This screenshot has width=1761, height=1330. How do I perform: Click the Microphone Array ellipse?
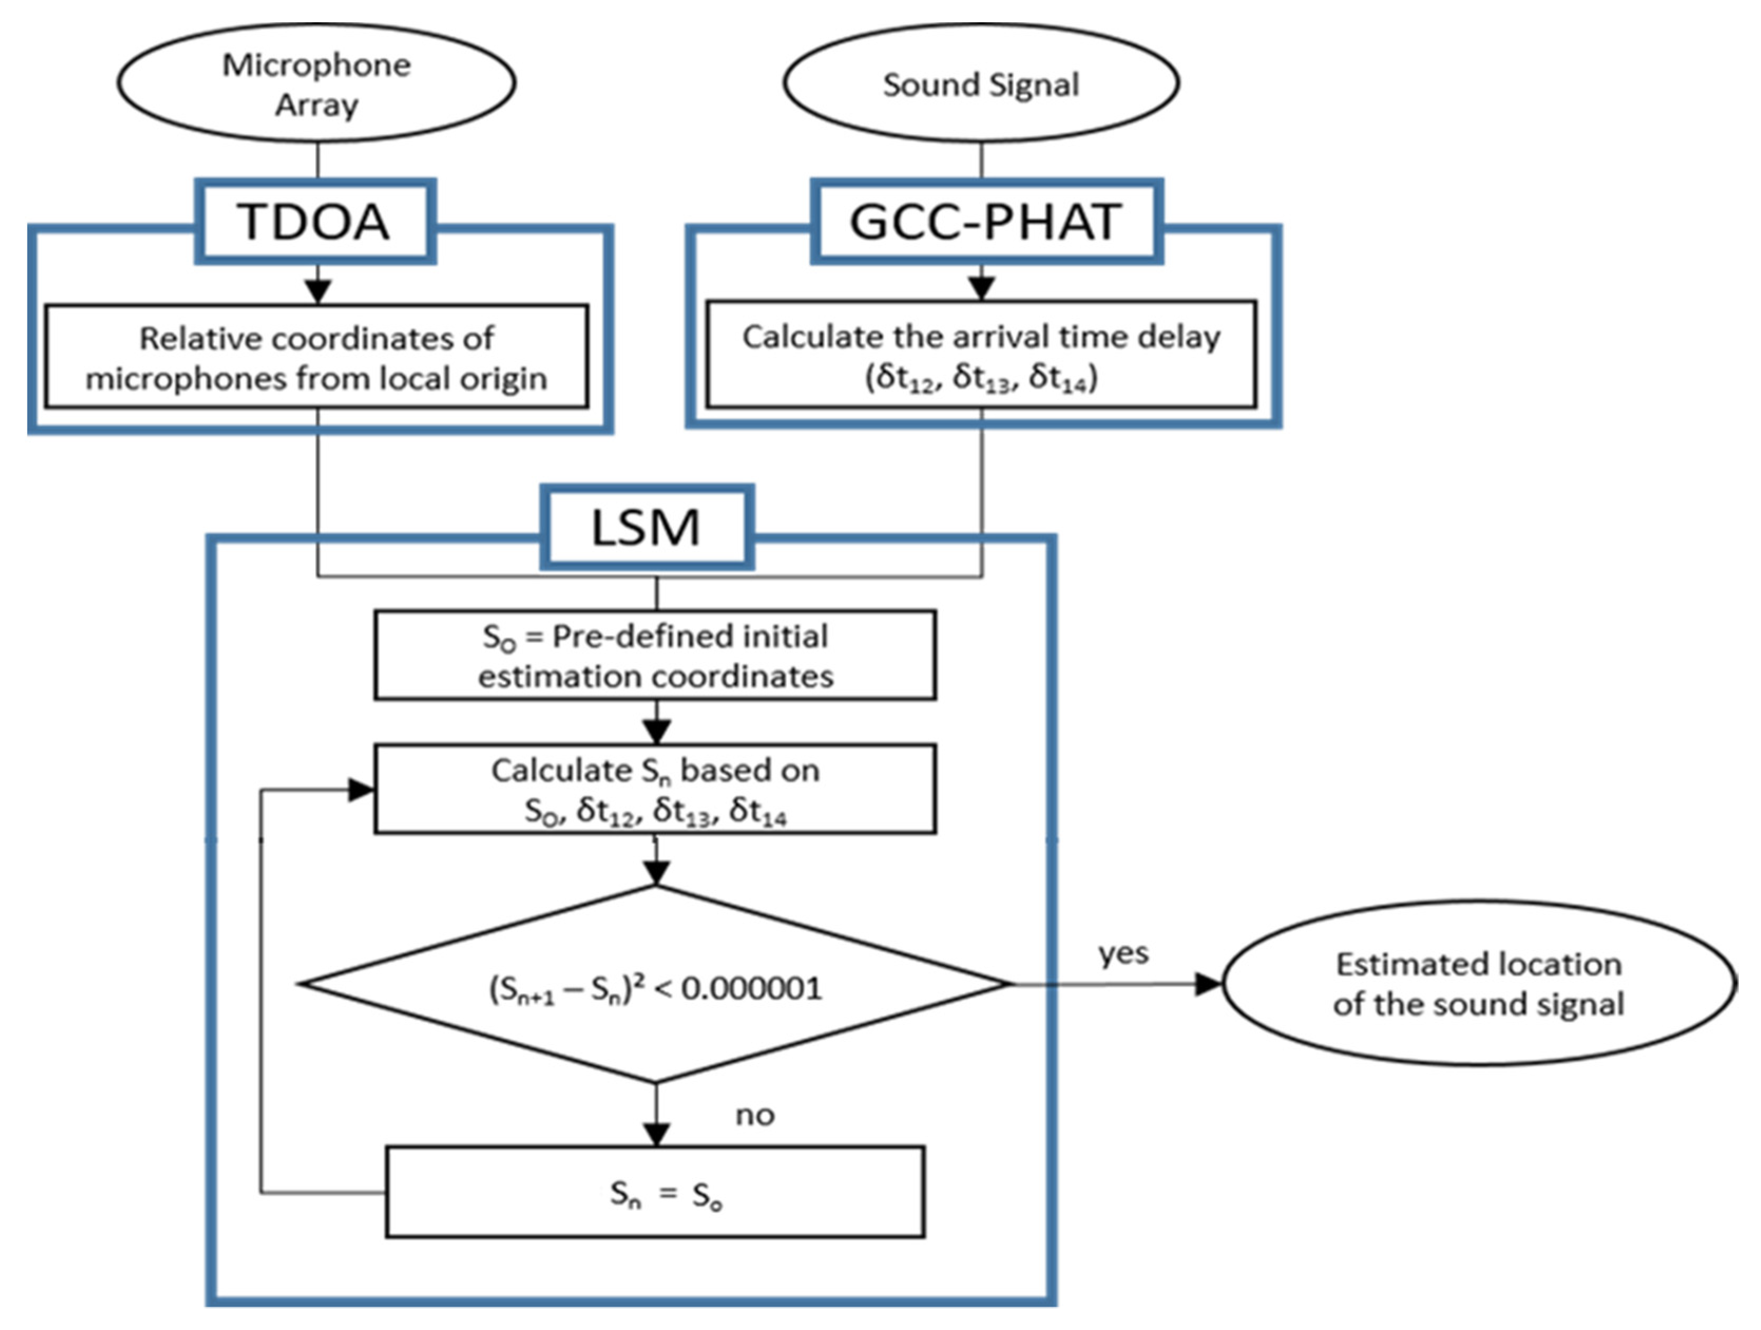(x=316, y=83)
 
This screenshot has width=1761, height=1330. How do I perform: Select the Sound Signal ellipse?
(x=981, y=83)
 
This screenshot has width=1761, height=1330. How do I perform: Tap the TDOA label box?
(x=315, y=221)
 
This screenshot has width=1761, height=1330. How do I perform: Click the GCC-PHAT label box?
(x=986, y=221)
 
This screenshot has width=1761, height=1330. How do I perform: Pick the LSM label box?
(x=647, y=527)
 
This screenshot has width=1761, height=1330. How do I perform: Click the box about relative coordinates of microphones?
(x=316, y=357)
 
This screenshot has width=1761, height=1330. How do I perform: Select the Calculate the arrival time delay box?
(x=981, y=355)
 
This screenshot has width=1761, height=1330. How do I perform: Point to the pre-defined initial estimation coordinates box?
(x=655, y=655)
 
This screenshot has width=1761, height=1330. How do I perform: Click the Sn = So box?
(x=655, y=1192)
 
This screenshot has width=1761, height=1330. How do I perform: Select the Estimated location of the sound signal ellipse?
(x=1478, y=983)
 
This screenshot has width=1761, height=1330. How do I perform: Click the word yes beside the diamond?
(x=1122, y=952)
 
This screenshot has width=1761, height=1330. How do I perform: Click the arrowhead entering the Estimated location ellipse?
(x=1208, y=984)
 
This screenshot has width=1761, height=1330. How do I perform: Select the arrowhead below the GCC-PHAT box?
(x=981, y=288)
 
